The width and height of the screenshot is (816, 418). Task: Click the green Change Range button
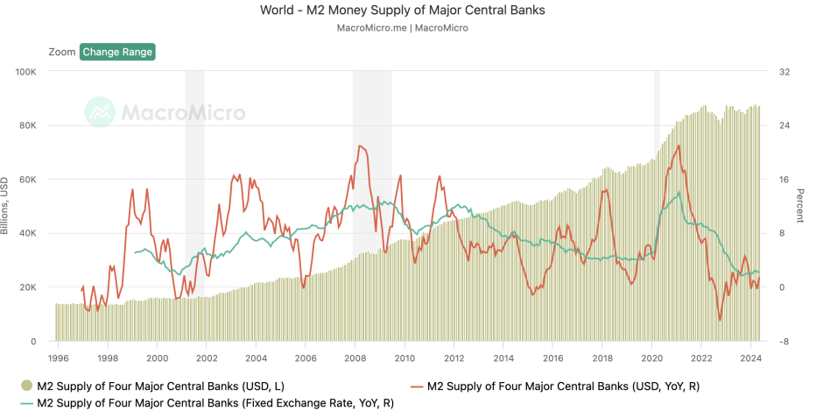(117, 52)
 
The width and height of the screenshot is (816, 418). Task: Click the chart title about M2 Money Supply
(407, 11)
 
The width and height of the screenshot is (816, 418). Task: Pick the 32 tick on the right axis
(784, 72)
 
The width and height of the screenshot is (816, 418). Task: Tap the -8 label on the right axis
(784, 342)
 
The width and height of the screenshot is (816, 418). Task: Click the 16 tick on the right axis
(784, 180)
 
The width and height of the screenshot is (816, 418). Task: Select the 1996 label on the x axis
(58, 358)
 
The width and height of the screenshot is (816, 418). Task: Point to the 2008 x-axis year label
(355, 358)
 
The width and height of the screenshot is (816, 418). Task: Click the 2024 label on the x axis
(750, 358)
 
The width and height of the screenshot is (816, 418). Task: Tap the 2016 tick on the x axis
(552, 358)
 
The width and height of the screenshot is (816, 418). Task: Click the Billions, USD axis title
(5, 206)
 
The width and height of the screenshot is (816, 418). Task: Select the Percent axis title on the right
(800, 206)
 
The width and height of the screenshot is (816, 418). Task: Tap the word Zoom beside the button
(62, 52)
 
